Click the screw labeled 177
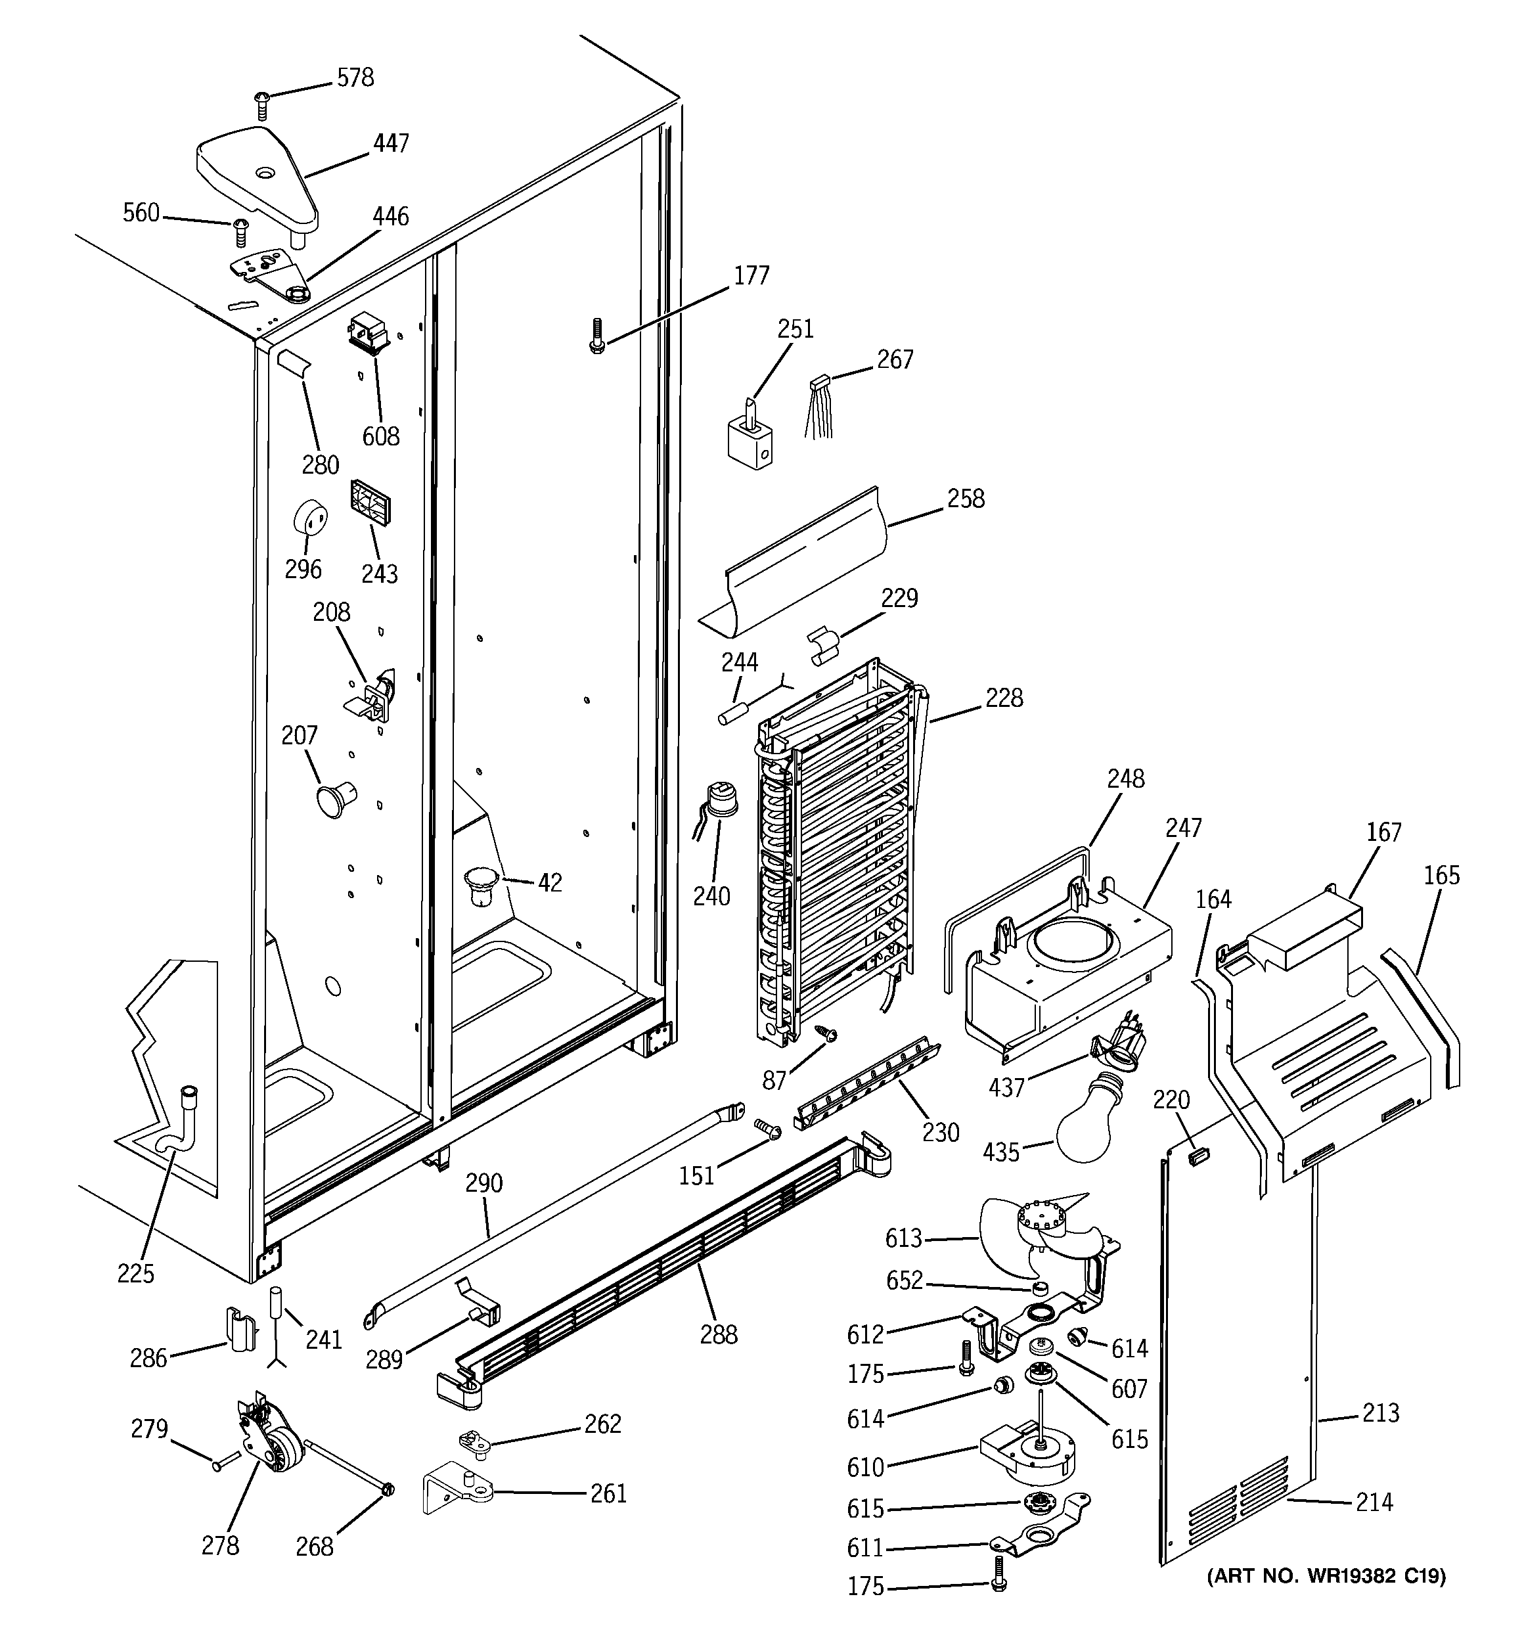pos(596,334)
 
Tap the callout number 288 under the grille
pos(718,1334)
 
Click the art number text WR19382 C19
pos(1325,1575)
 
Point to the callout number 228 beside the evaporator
pos(1004,698)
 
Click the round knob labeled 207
pos(336,797)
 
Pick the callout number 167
pos(1383,832)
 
